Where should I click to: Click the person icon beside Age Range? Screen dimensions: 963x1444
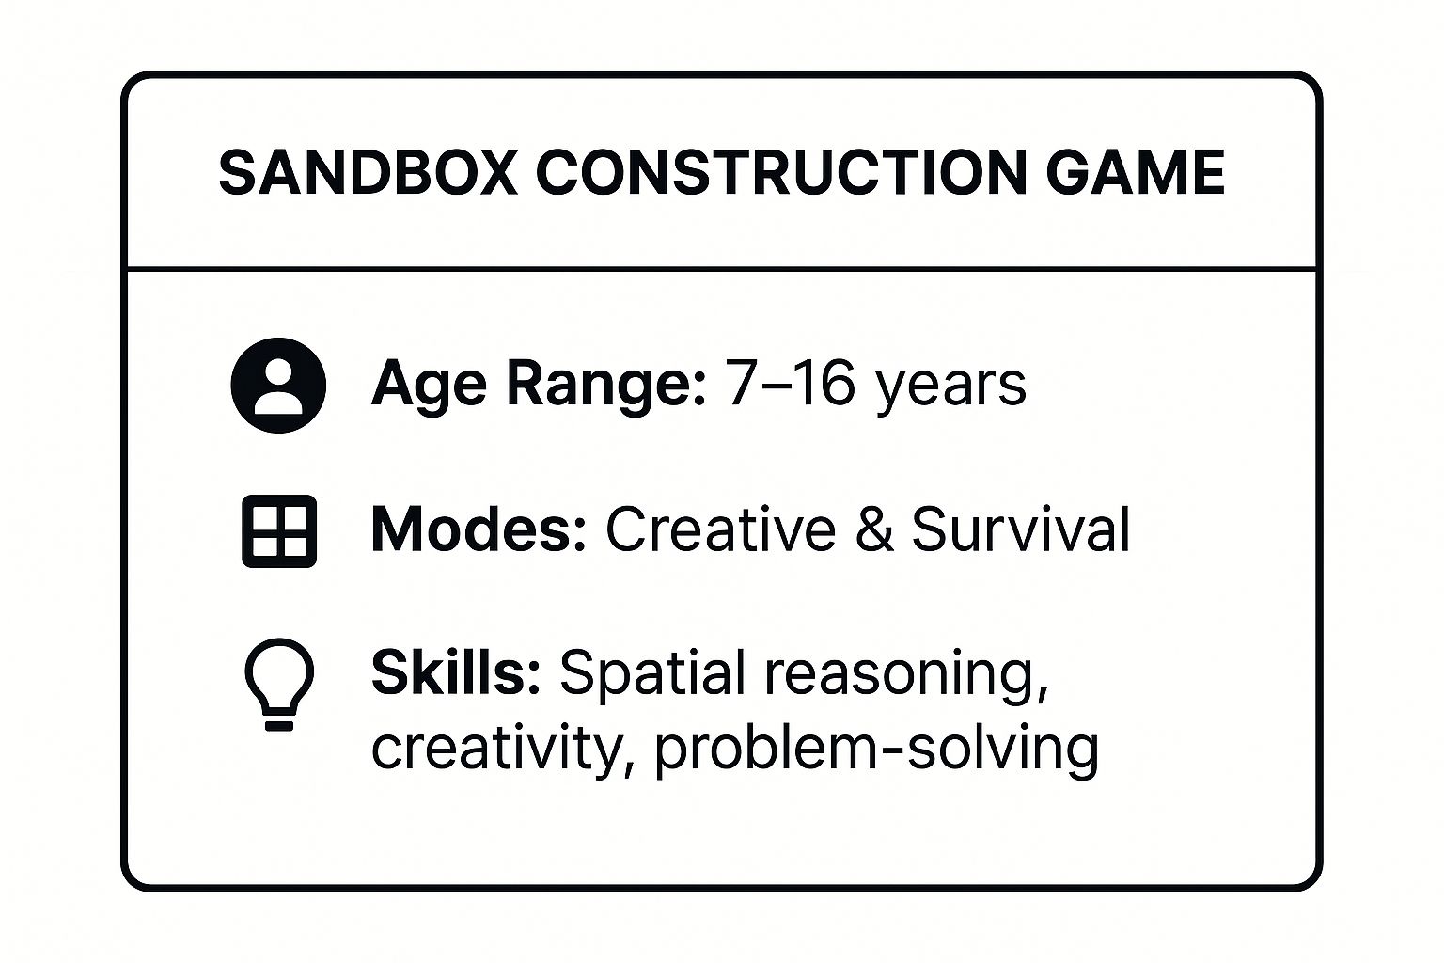[278, 386]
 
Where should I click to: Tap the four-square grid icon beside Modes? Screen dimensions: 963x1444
[279, 530]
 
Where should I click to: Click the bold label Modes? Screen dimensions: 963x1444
[479, 529]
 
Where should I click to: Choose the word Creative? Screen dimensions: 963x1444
[720, 529]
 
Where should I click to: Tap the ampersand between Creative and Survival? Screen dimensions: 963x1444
[873, 529]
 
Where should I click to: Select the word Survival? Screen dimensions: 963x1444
[1021, 529]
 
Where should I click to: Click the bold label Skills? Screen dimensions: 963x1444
[456, 673]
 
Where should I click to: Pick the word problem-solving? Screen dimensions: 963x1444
[876, 750]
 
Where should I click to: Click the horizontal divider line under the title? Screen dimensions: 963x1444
[721, 269]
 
